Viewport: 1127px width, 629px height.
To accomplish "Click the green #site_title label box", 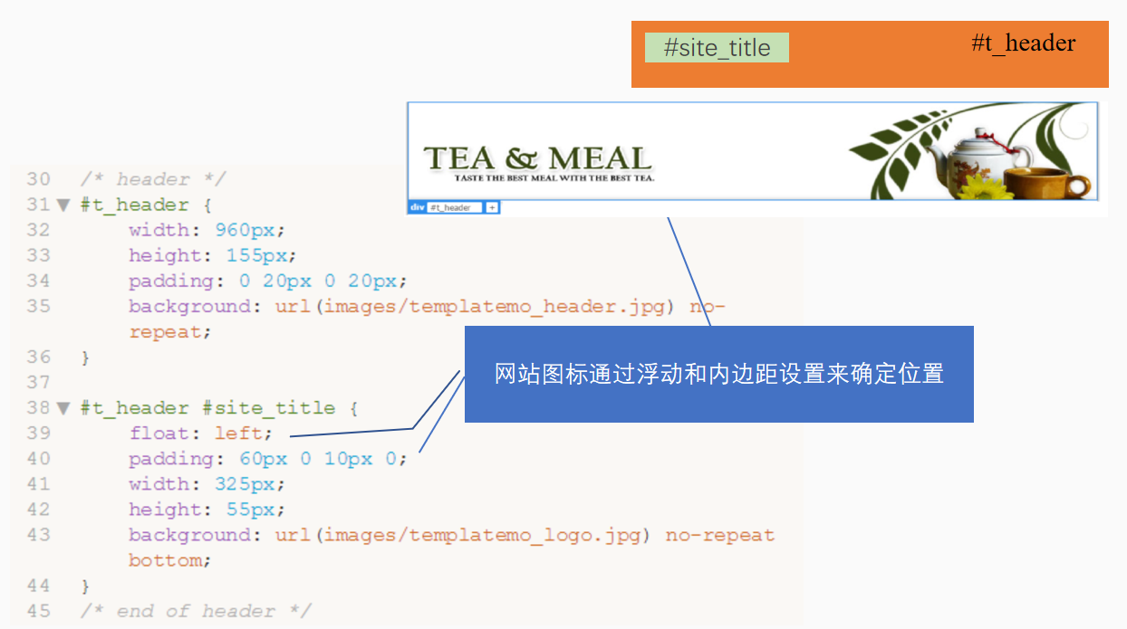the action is coord(717,48).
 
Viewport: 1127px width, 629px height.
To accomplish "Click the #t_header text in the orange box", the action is coord(1024,43).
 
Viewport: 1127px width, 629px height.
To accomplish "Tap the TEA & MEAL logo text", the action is coord(537,159).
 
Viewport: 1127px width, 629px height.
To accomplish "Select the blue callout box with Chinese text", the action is coord(718,374).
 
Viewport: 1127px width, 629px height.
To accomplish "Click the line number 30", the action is coord(38,179).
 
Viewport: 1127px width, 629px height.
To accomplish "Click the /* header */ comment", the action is coord(152,179).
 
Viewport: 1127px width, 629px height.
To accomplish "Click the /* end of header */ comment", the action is coord(195,611).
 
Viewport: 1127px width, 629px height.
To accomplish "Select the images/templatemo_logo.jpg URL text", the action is coord(482,535).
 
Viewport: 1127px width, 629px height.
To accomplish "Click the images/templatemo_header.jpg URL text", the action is coord(494,306).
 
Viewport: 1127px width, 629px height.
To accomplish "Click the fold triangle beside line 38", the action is coord(63,408).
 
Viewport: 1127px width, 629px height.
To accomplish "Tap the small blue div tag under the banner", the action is coord(417,207).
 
